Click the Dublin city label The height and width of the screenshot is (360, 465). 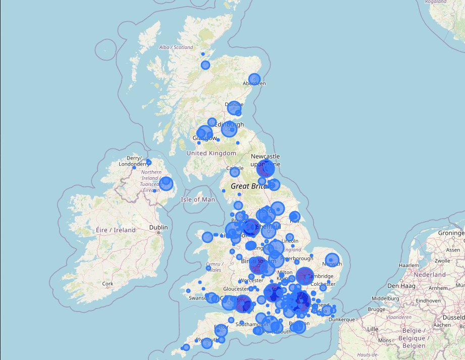(159, 228)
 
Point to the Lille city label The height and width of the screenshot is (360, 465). (373, 329)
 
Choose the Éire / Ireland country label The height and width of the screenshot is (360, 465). (116, 230)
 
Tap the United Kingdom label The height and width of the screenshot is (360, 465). (211, 153)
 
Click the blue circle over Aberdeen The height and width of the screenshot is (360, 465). (254, 79)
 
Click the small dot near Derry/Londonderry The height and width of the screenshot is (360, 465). (148, 162)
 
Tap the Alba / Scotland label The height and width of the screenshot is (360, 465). (176, 47)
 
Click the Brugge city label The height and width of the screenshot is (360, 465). (376, 309)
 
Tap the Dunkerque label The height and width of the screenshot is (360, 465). (341, 319)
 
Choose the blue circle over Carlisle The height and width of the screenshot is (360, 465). (235, 172)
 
